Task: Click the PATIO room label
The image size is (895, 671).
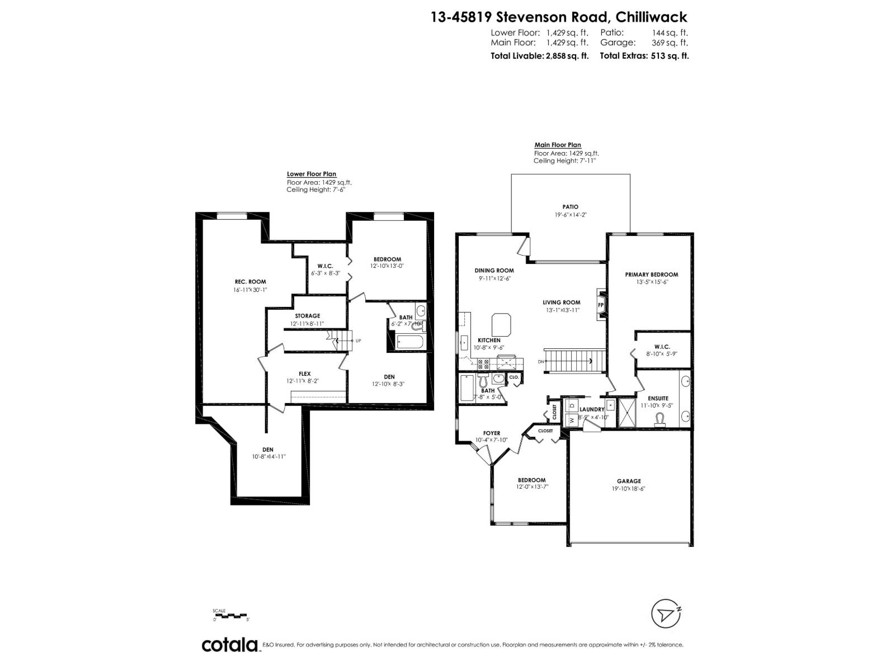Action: point(571,207)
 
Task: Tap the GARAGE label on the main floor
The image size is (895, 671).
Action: point(629,481)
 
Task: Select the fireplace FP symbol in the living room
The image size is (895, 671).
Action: point(601,305)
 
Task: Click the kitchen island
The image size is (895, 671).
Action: point(501,324)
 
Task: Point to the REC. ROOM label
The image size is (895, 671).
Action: point(250,282)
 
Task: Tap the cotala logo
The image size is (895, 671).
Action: point(229,645)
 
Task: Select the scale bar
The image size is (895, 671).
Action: point(230,616)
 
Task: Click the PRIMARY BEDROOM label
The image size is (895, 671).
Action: point(651,275)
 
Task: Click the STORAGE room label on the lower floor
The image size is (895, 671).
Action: point(307,316)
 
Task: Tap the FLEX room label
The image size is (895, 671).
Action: point(304,374)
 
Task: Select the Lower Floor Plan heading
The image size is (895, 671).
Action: point(312,174)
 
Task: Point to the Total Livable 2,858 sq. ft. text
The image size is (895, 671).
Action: point(539,56)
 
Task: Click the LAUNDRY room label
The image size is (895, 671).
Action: point(592,409)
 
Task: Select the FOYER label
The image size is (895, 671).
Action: point(492,433)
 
